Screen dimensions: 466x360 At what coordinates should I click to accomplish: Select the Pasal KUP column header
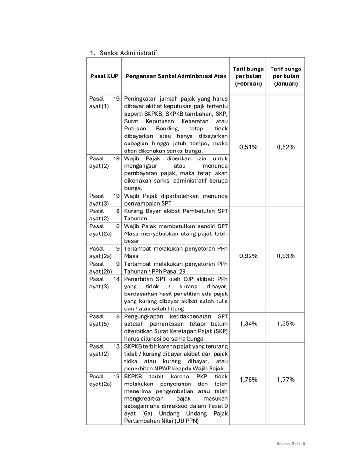104,76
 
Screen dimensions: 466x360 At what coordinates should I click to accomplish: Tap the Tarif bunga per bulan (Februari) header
248,76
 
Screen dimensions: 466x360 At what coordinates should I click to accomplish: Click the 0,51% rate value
248,147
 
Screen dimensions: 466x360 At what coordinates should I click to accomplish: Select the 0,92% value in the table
248,256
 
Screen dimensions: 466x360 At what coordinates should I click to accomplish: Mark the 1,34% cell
248,324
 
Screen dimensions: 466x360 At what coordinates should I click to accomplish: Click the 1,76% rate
248,380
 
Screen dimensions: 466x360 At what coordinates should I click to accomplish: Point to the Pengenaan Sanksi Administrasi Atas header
175,76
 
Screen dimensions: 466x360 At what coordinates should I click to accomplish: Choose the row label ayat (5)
99,324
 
